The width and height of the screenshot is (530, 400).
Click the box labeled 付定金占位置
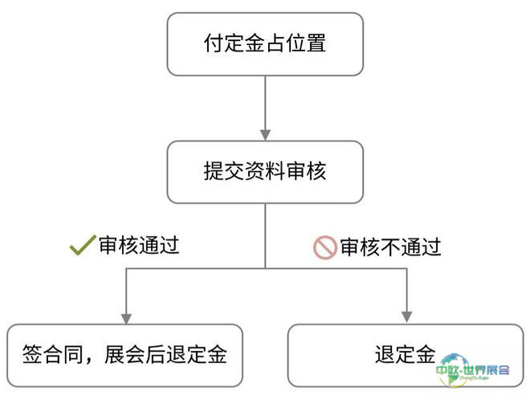coord(265,44)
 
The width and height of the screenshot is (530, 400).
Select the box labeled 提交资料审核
coord(265,172)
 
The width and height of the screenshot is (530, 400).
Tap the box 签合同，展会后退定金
coord(124,355)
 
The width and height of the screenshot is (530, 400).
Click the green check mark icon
coord(83,245)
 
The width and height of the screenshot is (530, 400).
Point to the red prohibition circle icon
coord(325,247)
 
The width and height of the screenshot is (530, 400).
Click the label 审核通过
coord(139,245)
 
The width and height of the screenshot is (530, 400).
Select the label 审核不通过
coord(390,247)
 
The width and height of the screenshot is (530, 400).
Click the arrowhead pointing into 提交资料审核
coord(265,135)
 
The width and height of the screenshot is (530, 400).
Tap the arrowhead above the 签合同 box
coord(126,319)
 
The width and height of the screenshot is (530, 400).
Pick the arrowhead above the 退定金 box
coord(406,317)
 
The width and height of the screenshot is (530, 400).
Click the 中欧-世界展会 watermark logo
coord(472,370)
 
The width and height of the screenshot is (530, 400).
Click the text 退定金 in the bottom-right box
coord(405,354)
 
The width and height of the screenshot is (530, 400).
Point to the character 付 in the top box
coord(214,43)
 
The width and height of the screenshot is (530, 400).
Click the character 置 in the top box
coord(316,43)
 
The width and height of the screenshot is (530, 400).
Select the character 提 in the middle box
coord(214,171)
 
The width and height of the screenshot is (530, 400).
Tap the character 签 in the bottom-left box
coord(32,354)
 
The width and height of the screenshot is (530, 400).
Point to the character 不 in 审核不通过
coord(390,247)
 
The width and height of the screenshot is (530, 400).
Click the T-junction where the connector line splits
coord(265,268)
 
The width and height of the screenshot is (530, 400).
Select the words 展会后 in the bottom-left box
coord(135,354)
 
